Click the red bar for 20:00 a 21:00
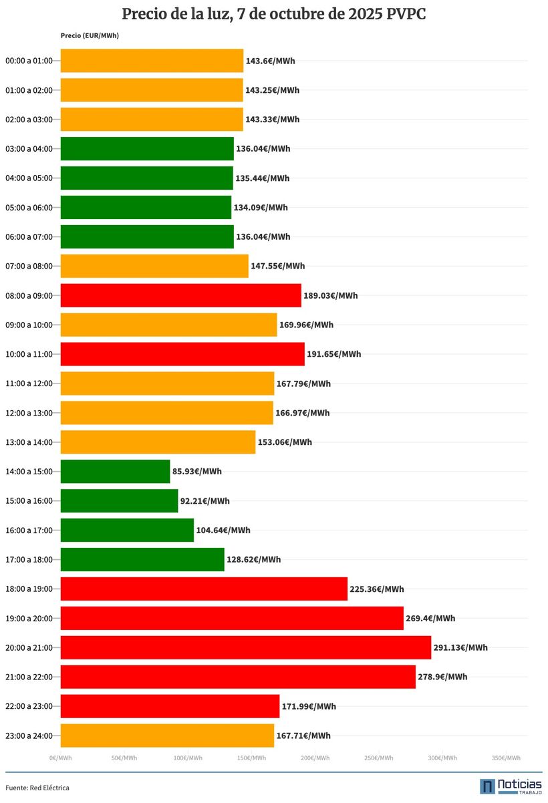click(245, 647)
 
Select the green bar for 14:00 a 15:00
click(115, 471)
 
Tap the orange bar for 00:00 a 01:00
click(152, 61)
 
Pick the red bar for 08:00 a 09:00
click(180, 295)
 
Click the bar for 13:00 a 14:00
click(158, 442)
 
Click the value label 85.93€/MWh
click(197, 471)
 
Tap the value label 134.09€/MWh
click(261, 208)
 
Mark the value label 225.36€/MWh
click(377, 589)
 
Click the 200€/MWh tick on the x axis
click(315, 758)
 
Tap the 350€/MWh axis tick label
click(506, 758)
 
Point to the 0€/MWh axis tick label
click(60, 758)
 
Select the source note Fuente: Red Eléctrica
click(37, 788)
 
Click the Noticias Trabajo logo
click(511, 786)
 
